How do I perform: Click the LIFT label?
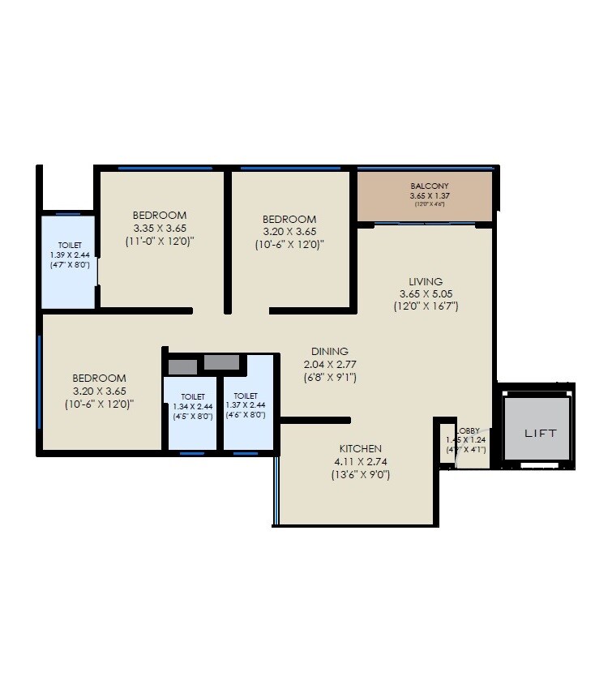tap(540, 434)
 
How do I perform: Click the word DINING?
tap(330, 351)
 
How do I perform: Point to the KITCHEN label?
tap(360, 448)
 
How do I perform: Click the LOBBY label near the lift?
tap(468, 431)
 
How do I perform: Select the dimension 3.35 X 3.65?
tap(160, 228)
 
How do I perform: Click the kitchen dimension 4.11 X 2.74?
tap(360, 461)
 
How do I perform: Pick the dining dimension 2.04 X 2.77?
tap(330, 364)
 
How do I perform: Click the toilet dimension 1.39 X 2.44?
tap(69, 255)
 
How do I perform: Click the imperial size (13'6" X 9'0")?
tap(360, 475)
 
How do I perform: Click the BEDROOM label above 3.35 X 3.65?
tap(160, 215)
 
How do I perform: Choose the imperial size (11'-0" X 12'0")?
tap(160, 241)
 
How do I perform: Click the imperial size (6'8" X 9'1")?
tap(330, 377)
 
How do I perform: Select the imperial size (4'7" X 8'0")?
tap(69, 264)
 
